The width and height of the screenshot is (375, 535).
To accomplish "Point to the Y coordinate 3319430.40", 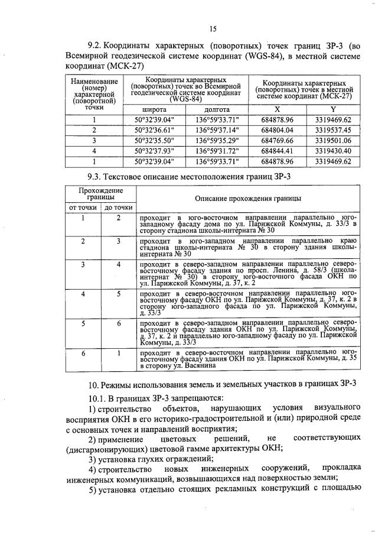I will coord(333,150).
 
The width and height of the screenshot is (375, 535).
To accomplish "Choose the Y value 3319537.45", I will coord(333,129).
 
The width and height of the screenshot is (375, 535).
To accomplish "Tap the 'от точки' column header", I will coord(83,207).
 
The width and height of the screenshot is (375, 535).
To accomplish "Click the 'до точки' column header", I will coord(118,207).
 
